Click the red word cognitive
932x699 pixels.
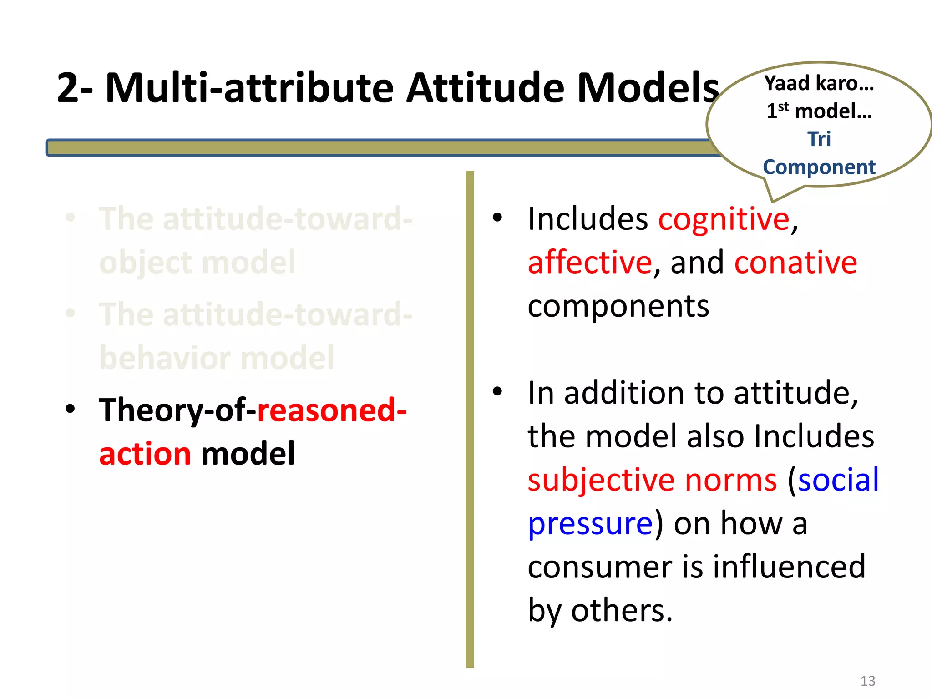[x=724, y=219]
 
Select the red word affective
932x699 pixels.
[x=590, y=263]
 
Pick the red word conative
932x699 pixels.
[x=795, y=263]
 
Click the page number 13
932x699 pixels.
[x=867, y=681]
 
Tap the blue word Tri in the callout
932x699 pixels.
[x=819, y=139]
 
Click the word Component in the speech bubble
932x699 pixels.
[x=819, y=167]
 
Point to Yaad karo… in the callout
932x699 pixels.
[x=819, y=83]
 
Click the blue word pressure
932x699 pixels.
[x=590, y=524]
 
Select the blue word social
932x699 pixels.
[x=838, y=480]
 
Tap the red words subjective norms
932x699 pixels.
[x=652, y=480]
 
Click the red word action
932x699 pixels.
[x=145, y=454]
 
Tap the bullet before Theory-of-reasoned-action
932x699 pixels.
[x=70, y=409]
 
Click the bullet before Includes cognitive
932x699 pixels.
[x=497, y=218]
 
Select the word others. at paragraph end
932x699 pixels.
[x=622, y=611]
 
